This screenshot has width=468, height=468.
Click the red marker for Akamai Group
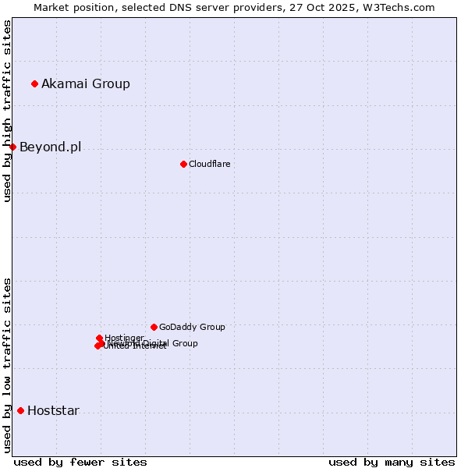(x=35, y=83)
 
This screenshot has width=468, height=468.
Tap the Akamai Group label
(x=86, y=83)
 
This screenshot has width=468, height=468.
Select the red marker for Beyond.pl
(x=12, y=147)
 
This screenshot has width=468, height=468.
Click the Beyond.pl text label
(x=50, y=147)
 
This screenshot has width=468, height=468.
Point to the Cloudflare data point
(x=183, y=164)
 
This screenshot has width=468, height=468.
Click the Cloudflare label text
(x=209, y=164)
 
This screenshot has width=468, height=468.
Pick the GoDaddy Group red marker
(x=154, y=327)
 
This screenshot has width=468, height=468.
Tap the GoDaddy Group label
(x=192, y=327)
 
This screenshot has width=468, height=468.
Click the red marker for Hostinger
(x=99, y=338)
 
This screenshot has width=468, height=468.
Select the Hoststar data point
(x=20, y=410)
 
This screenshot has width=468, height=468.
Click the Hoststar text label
(x=53, y=410)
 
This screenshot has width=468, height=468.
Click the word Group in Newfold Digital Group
(x=185, y=343)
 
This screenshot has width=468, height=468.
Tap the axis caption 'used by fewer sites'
(x=80, y=462)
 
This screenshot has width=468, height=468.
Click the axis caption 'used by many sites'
(x=392, y=462)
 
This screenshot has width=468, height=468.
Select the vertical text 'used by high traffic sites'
(x=7, y=111)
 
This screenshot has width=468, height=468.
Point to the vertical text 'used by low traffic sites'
(x=7, y=365)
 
